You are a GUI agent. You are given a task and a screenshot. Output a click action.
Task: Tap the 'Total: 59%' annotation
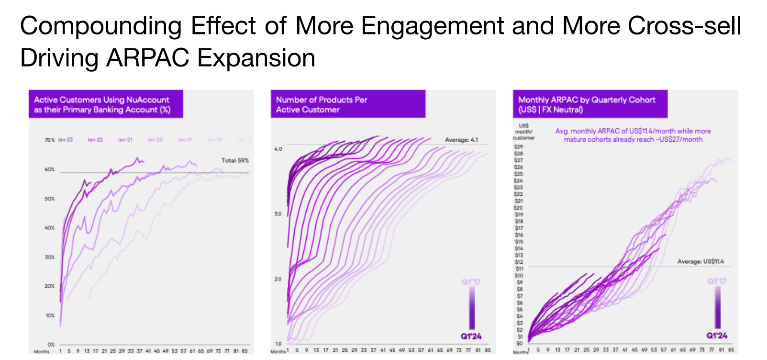point(235,160)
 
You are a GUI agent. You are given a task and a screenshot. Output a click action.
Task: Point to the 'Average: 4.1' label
point(461,140)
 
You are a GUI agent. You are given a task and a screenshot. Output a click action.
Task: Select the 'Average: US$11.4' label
point(700,261)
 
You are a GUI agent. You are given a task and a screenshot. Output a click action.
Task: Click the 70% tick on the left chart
point(49,140)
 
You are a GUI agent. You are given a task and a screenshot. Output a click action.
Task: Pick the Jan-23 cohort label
point(65,140)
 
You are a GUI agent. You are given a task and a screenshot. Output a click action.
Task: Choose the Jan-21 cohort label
point(125,140)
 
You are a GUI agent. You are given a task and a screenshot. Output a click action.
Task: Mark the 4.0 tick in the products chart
point(278,149)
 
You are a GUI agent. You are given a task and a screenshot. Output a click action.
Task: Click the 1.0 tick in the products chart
point(278,344)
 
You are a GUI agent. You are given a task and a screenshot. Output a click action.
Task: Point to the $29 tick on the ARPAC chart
point(518,146)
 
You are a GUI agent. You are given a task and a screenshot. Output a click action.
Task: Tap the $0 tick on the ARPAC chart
point(519,343)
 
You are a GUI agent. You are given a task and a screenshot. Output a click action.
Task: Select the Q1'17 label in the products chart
point(471,282)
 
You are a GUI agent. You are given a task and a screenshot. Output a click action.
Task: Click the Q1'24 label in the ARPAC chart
point(717,336)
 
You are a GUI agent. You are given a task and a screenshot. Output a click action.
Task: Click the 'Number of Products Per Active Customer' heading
point(322,104)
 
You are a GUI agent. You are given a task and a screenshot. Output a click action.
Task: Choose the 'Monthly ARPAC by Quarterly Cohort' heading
point(587,104)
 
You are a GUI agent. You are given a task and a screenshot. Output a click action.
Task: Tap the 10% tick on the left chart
point(49,315)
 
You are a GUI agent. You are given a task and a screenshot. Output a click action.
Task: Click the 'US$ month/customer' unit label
point(523,132)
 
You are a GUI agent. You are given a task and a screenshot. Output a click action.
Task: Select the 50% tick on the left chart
point(49,199)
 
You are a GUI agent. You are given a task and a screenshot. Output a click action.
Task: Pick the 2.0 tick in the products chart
point(278,279)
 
